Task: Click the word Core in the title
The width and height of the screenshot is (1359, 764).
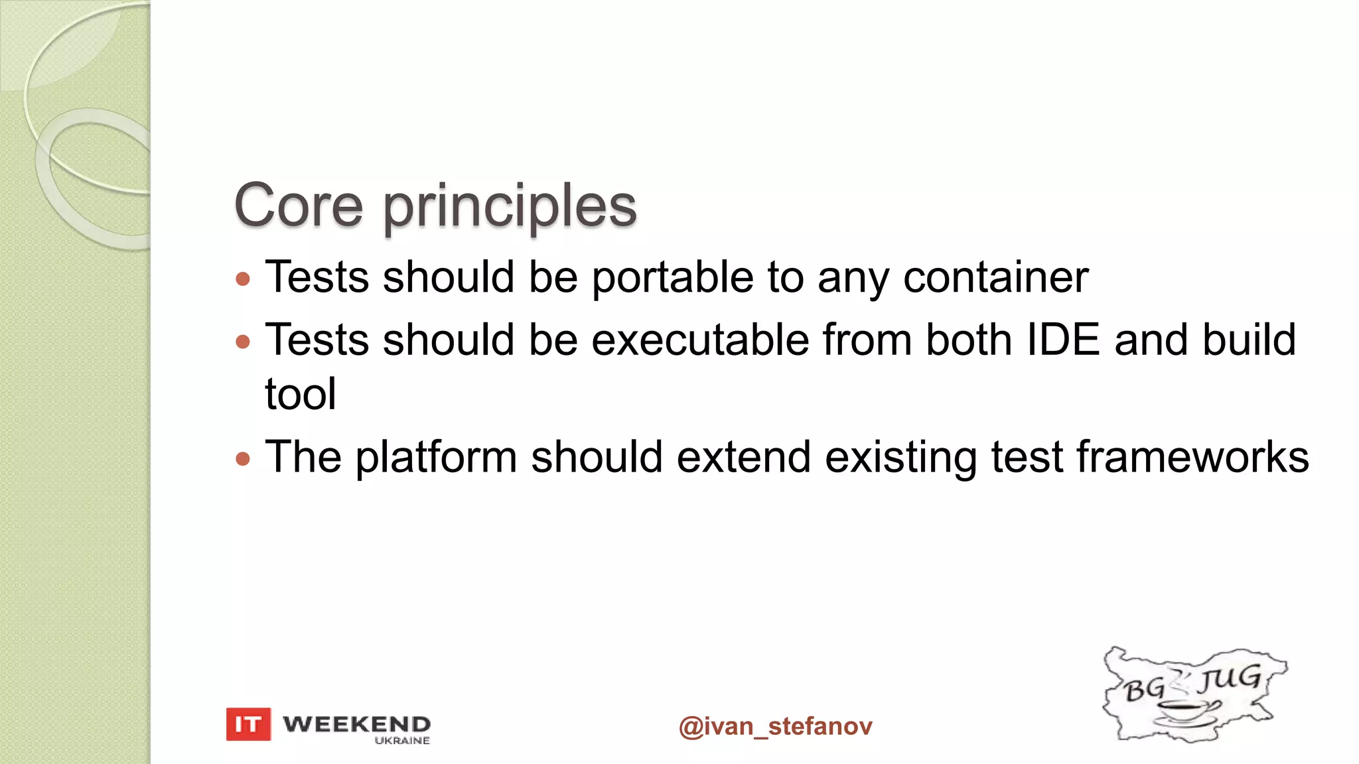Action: tap(299, 206)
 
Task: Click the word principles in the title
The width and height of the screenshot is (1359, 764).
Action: tap(510, 207)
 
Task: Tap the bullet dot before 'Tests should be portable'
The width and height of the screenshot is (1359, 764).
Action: tap(243, 279)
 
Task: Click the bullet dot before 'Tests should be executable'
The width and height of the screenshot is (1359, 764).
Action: tap(243, 342)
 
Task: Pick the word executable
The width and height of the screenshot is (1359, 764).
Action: tap(700, 340)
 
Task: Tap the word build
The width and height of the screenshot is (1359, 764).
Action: tap(1249, 340)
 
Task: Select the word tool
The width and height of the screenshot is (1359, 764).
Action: tap(301, 394)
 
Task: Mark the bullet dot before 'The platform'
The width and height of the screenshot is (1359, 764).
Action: tap(243, 458)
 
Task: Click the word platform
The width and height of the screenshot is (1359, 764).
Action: tap(436, 458)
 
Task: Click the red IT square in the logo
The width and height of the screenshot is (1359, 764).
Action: tap(248, 724)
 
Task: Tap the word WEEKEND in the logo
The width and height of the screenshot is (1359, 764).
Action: tap(356, 723)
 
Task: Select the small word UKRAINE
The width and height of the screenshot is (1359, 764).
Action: tap(402, 741)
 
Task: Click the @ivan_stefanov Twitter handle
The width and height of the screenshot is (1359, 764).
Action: tap(775, 726)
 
